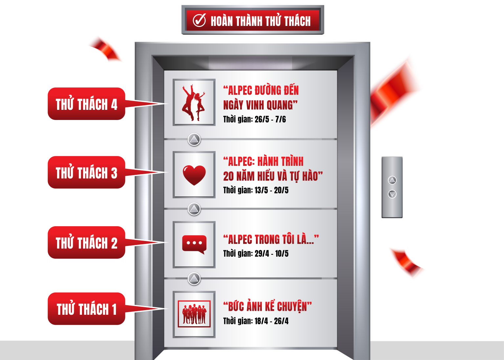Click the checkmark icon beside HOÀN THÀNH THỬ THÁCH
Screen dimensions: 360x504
[x=199, y=20]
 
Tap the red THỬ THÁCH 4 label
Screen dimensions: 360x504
[x=86, y=104]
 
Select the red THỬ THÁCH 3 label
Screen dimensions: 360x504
[x=86, y=172]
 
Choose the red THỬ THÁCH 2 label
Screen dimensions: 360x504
[x=86, y=243]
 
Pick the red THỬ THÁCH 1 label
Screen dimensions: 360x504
[x=86, y=309]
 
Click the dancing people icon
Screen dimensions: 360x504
[x=194, y=102]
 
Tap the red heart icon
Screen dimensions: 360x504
[x=194, y=175]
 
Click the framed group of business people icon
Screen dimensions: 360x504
[x=194, y=314]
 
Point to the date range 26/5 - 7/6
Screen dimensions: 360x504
[x=270, y=119]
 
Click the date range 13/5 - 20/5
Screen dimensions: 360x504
[x=271, y=190]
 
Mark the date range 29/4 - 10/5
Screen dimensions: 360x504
[x=271, y=253]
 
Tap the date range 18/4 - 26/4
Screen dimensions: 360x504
[x=271, y=321]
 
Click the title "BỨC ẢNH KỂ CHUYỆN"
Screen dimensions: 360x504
[x=267, y=307]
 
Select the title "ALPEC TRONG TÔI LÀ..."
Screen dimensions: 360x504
[x=271, y=239]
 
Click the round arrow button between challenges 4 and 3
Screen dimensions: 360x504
[x=194, y=140]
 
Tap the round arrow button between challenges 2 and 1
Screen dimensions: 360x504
[x=194, y=279]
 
